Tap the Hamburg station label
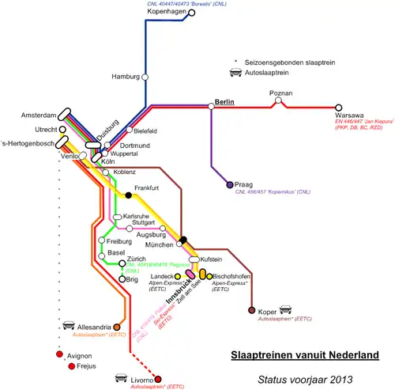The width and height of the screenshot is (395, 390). [125, 77]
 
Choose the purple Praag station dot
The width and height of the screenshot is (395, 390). [229, 184]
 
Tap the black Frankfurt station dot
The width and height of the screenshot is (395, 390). [128, 195]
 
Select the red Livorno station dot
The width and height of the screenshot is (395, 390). [157, 380]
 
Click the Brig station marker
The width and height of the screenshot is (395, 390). [122, 279]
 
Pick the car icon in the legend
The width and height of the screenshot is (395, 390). [235, 74]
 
